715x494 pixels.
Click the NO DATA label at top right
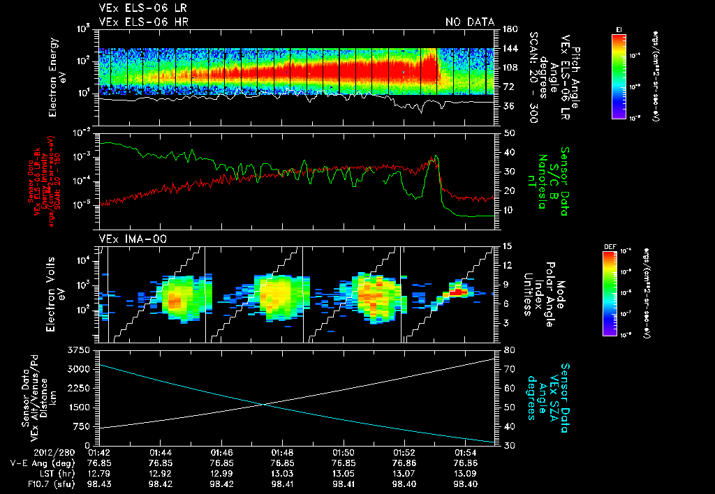pos(469,22)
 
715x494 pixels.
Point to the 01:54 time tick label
pos(465,452)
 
